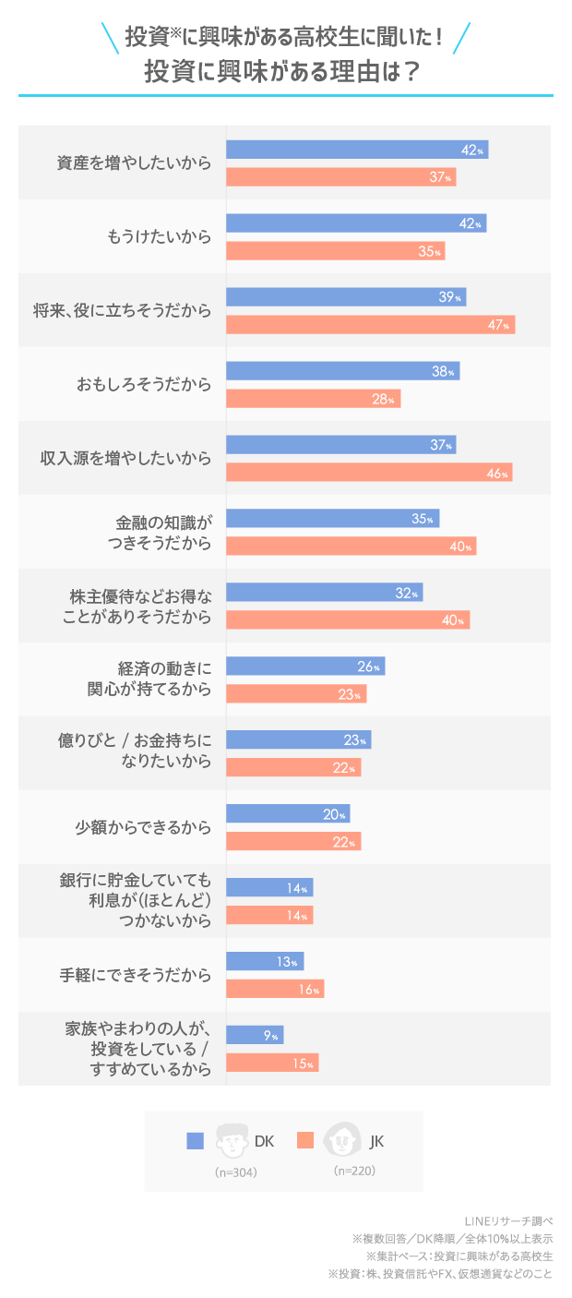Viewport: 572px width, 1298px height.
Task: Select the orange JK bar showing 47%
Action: (x=370, y=325)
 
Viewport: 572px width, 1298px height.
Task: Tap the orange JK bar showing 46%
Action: (x=369, y=473)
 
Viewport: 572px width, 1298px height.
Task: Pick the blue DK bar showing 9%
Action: (x=255, y=1036)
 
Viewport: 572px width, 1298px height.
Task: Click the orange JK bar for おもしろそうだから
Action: (x=313, y=399)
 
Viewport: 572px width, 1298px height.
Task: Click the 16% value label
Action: (x=309, y=990)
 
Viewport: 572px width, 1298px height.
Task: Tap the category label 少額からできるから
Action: (x=143, y=828)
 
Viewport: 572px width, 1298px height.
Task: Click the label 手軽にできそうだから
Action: (x=136, y=976)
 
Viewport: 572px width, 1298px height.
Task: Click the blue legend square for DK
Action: (x=195, y=1141)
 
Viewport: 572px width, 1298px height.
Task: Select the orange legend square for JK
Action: (x=305, y=1141)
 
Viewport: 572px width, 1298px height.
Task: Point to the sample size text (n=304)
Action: (x=235, y=1172)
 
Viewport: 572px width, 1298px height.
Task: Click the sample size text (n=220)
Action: (x=354, y=1171)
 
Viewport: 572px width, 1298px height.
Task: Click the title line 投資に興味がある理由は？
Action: (x=285, y=73)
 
